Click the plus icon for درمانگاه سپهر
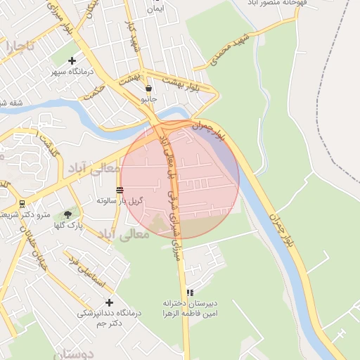72,61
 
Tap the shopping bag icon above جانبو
148,89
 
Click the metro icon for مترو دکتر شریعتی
22,204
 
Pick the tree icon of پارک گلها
68,214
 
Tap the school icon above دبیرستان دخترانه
189,292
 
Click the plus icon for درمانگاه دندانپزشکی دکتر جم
89,302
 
